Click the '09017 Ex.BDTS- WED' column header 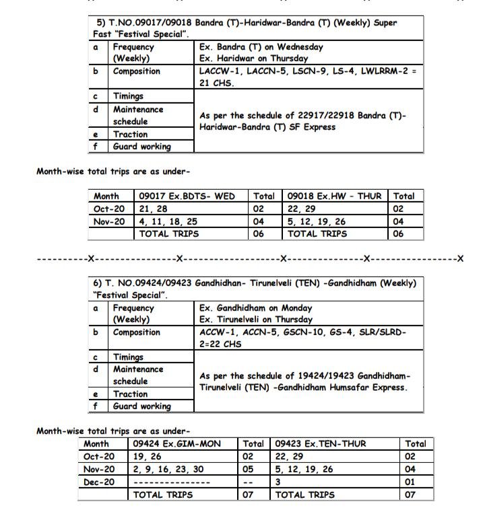pos(187,196)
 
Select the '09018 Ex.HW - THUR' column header pos(334,196)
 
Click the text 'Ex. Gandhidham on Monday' pos(255,307)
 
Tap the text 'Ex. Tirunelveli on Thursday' pos(256,320)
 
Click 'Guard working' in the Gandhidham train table pos(141,406)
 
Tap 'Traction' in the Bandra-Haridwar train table pos(130,134)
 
